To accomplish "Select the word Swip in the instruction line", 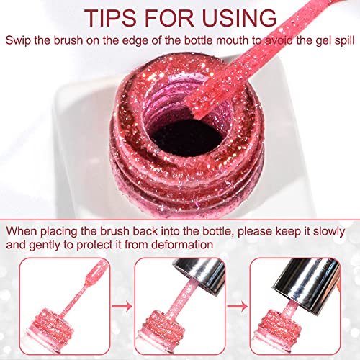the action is [x=18, y=40].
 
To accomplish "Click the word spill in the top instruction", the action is [x=344, y=40].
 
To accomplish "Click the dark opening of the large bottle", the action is [x=187, y=138].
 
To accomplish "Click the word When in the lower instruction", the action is [x=22, y=231].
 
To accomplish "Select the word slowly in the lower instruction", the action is [x=329, y=232].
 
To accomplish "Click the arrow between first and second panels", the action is [x=122, y=306].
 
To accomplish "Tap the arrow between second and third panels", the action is [x=238, y=306].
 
